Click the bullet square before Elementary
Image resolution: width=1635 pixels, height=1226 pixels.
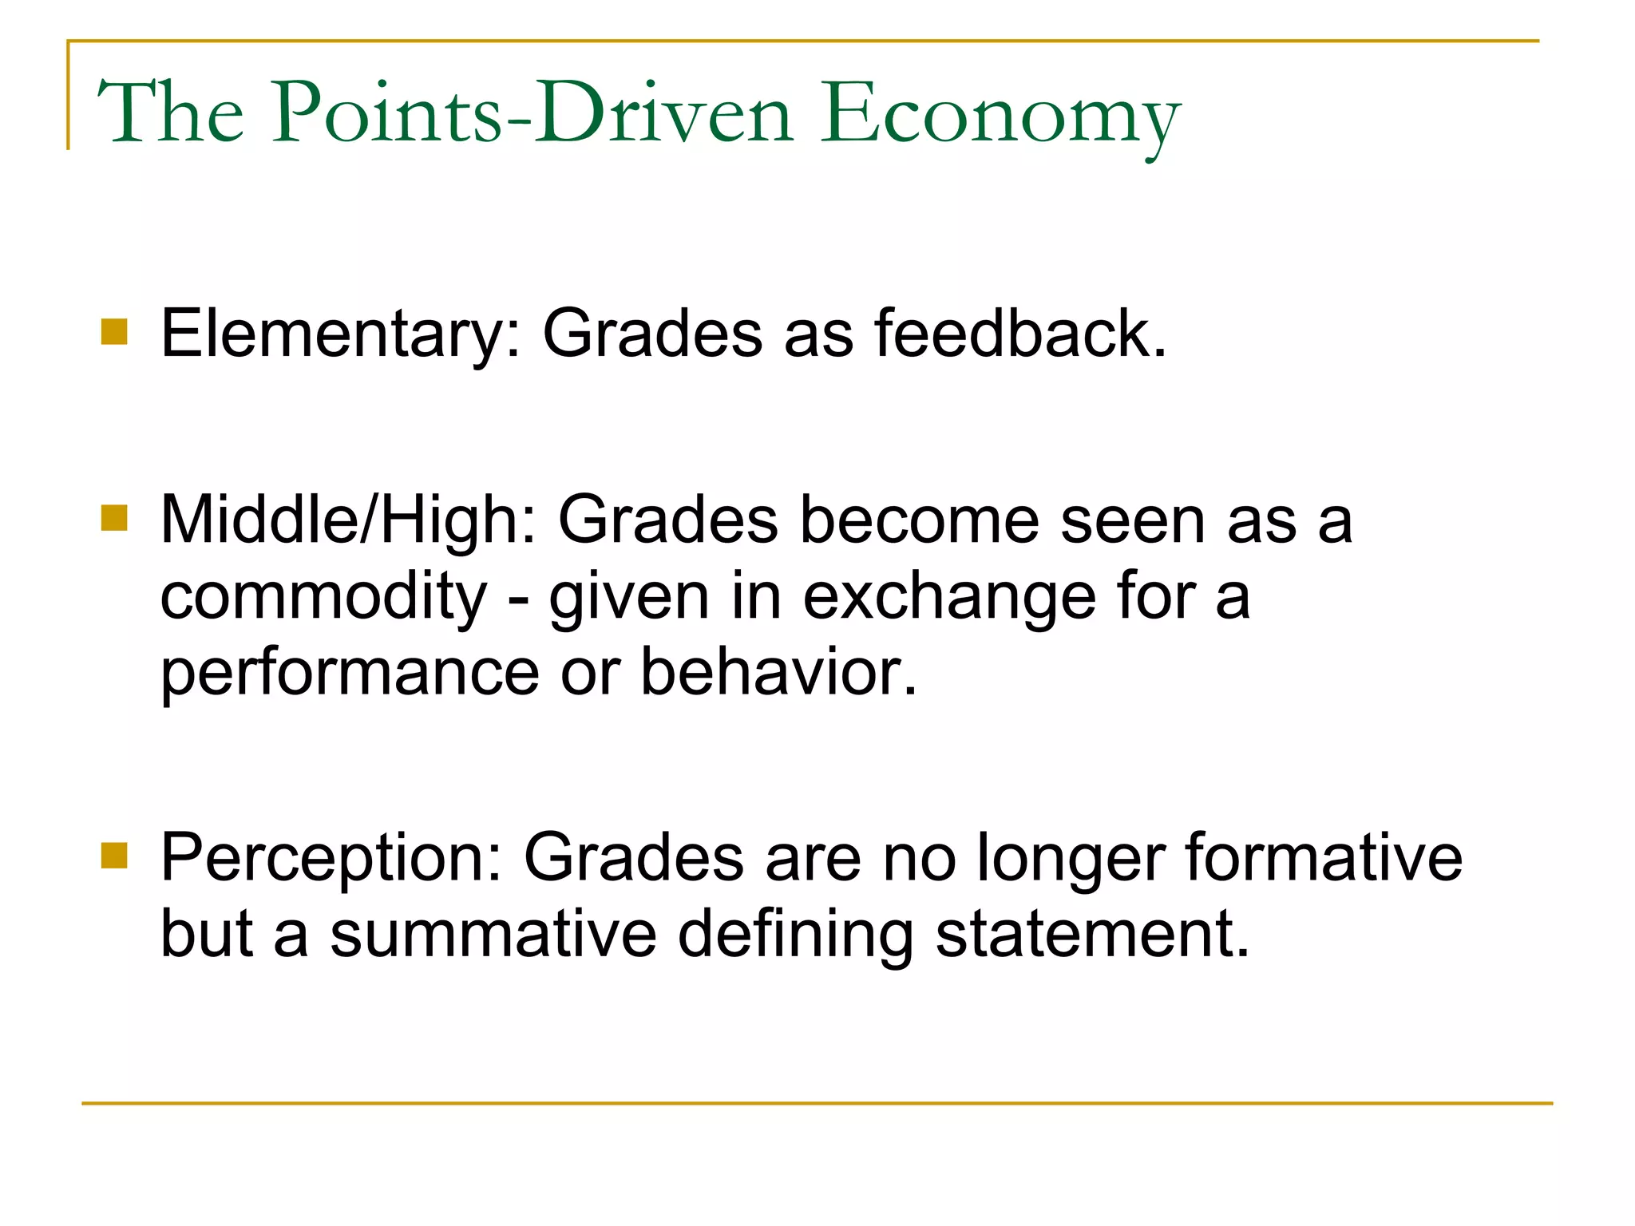pos(114,331)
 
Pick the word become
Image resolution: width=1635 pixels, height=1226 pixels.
pos(919,520)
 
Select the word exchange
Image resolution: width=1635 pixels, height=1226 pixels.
pos(949,597)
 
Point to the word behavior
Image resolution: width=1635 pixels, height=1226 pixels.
pos(779,672)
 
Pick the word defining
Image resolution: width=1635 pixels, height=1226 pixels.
pos(795,935)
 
